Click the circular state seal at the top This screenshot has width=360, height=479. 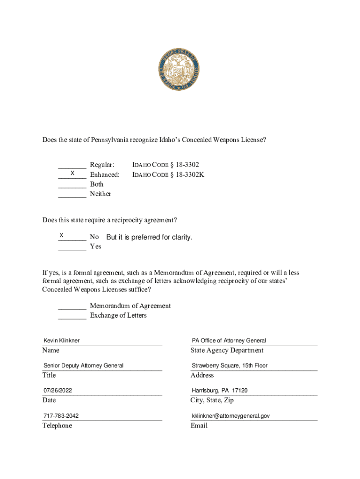click(x=180, y=69)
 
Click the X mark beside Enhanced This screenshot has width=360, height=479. click(x=72, y=174)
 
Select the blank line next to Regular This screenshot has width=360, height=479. click(x=72, y=167)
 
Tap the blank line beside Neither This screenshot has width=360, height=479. click(x=72, y=197)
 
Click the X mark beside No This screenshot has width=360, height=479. click(x=61, y=235)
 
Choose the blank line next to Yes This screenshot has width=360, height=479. click(x=72, y=250)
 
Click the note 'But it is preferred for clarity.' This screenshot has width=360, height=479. click(x=149, y=237)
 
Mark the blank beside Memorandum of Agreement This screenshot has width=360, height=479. click(x=72, y=309)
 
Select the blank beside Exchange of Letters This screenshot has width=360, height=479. click(x=72, y=319)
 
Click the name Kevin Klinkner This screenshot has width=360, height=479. click(x=62, y=341)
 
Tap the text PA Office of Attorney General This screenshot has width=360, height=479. click(x=229, y=341)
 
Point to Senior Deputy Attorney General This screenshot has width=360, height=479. click(x=84, y=365)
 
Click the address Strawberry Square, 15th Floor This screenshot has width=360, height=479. click(x=230, y=365)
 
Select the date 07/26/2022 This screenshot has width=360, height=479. click(x=58, y=390)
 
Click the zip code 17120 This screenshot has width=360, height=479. click(x=240, y=390)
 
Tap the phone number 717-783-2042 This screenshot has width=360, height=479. click(x=61, y=415)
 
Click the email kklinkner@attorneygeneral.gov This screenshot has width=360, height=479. click(x=230, y=415)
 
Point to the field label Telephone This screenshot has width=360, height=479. click(x=57, y=426)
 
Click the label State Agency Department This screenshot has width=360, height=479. click(x=227, y=350)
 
